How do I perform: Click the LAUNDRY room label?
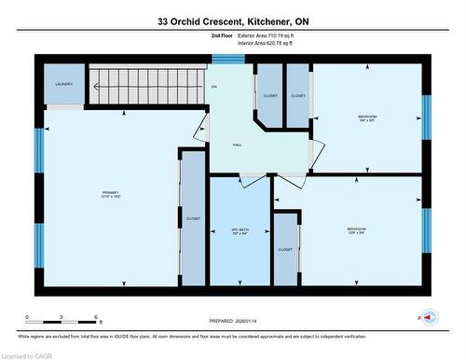[63, 84]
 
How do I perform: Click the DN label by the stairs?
[213, 87]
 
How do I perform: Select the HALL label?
[239, 145]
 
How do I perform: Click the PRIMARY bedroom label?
[111, 195]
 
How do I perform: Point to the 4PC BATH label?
[240, 230]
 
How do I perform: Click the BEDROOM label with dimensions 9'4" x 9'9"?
[367, 118]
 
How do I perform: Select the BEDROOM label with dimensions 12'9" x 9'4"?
[356, 229]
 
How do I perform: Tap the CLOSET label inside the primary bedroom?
[193, 218]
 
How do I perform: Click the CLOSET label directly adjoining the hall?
[270, 95]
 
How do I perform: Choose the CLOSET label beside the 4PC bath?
[285, 250]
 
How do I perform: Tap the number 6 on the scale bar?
[96, 317]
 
